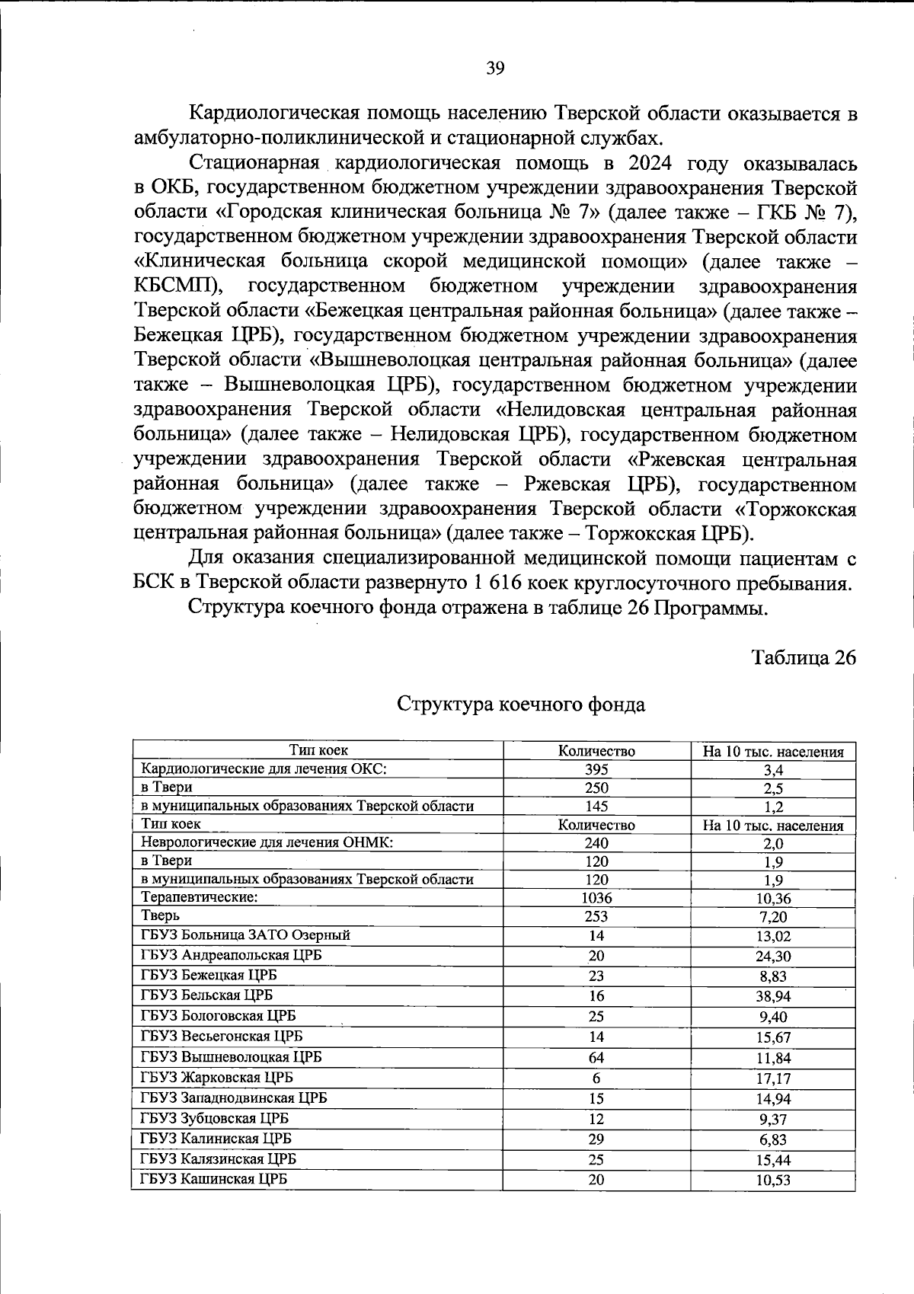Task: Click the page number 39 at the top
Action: point(495,69)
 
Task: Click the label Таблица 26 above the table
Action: point(804,657)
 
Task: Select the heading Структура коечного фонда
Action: point(521,704)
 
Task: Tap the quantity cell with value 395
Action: point(596,769)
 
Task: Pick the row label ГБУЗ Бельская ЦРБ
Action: point(206,995)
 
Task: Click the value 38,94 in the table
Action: point(773,997)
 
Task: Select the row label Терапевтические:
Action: point(200,897)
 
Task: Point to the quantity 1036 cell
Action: point(596,898)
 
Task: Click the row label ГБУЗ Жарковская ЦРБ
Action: point(216,1078)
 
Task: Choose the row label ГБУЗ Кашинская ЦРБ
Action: point(213,1179)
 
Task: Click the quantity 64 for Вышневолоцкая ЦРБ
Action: point(596,1058)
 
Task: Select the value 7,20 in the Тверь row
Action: point(773,917)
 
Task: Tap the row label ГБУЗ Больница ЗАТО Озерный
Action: point(245,935)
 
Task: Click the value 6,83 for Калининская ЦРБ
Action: point(773,1140)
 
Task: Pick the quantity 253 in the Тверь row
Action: point(596,916)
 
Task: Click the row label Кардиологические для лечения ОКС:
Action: point(264,768)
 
